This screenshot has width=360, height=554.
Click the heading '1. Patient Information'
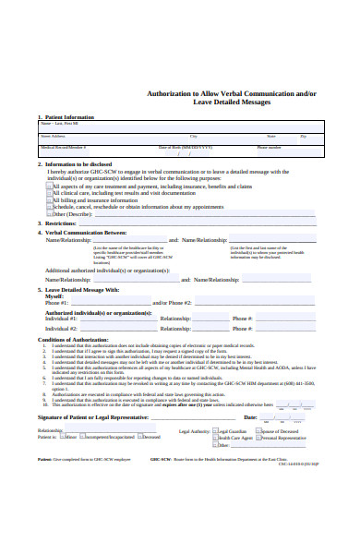(67, 117)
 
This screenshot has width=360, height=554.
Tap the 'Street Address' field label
(52, 136)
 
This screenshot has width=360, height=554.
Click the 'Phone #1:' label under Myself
(57, 302)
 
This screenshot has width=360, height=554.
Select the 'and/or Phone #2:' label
(172, 302)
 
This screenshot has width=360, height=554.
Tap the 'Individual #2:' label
(62, 328)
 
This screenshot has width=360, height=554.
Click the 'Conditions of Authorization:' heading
(75, 339)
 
